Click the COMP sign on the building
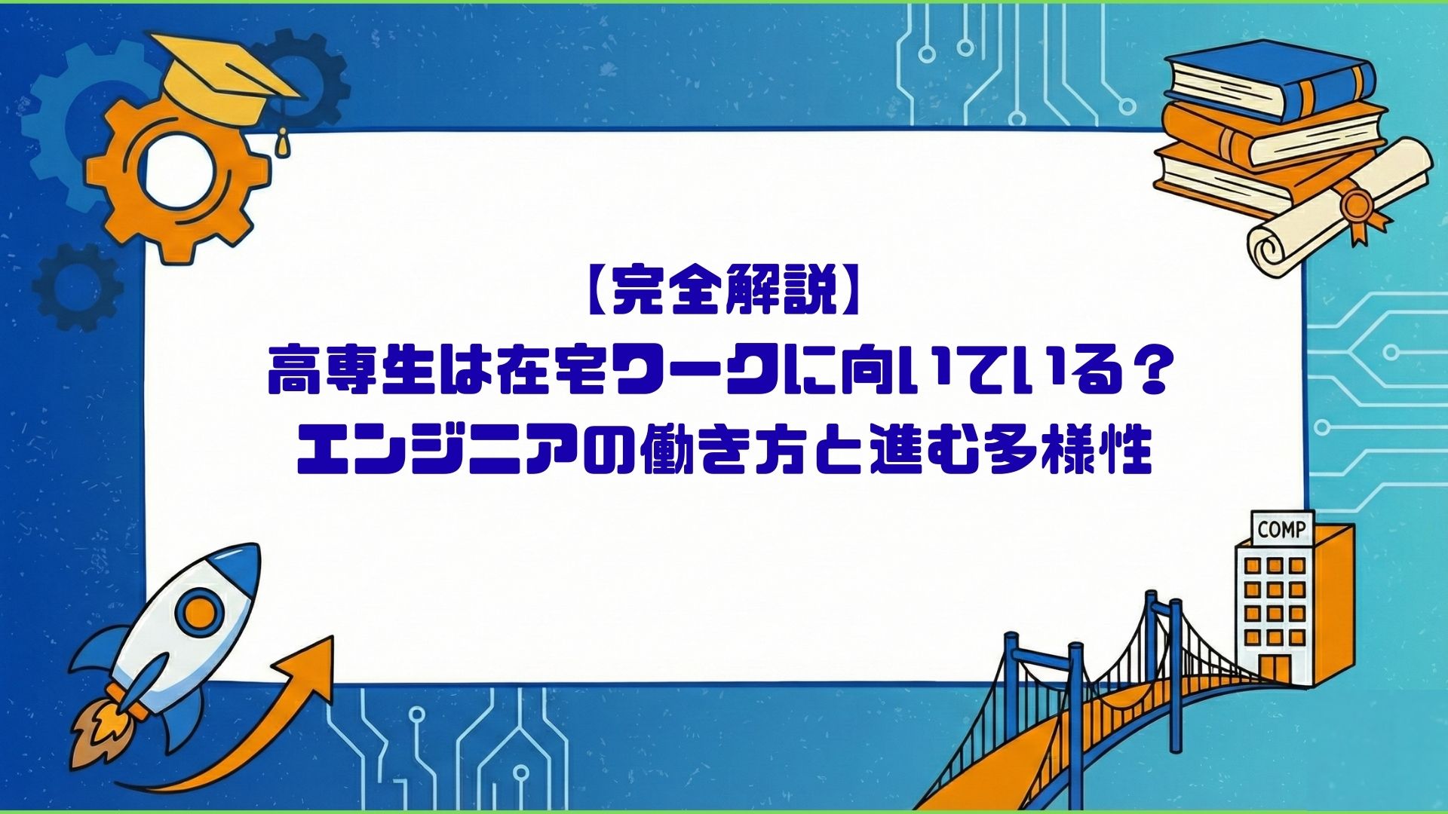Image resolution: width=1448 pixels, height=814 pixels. pyautogui.click(x=1282, y=529)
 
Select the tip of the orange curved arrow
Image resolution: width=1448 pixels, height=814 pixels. pyautogui.click(x=332, y=637)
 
